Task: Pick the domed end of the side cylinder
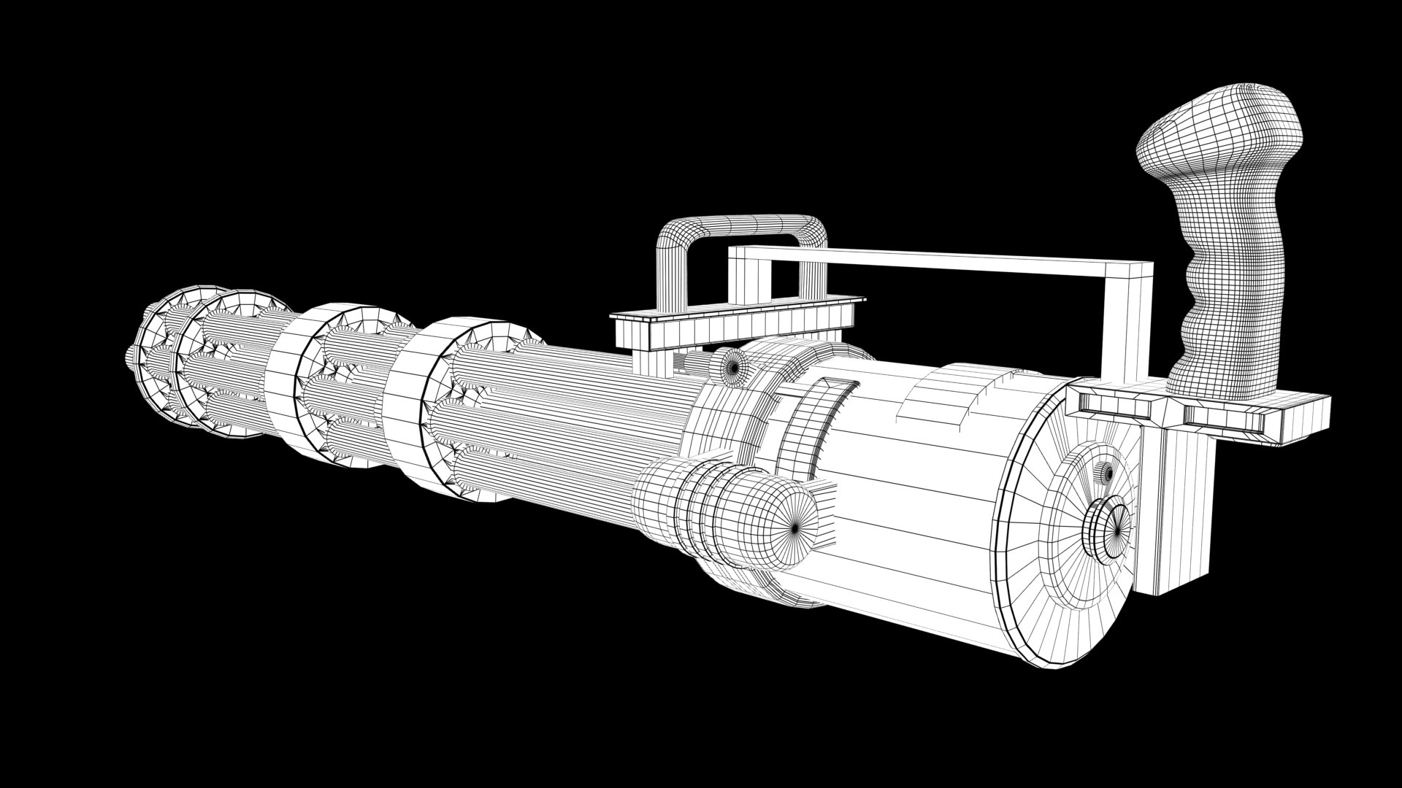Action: click(x=774, y=518)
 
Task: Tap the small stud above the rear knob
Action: click(x=1107, y=474)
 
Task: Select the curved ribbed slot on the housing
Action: click(x=811, y=423)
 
